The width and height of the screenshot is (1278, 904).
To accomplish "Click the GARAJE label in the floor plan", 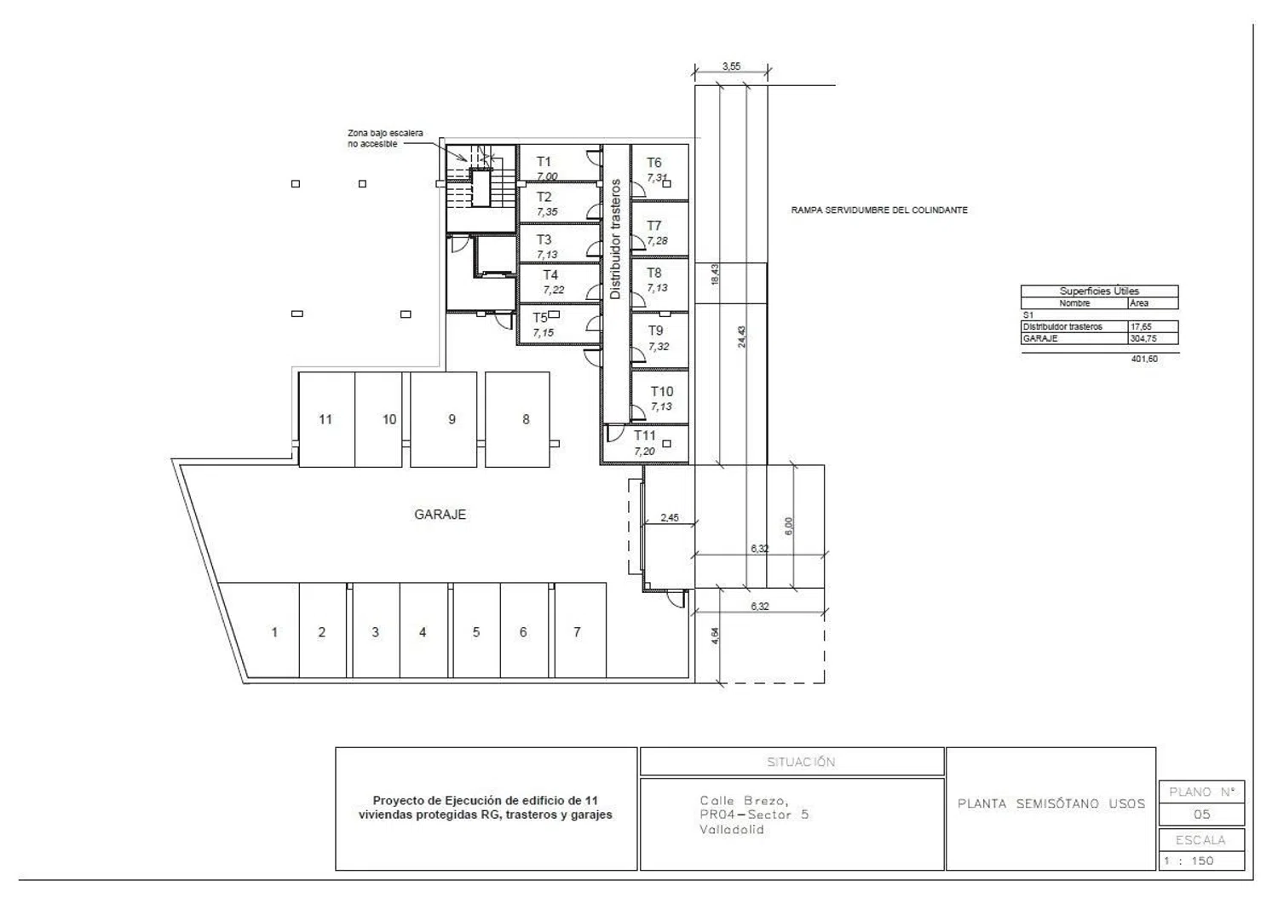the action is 440,515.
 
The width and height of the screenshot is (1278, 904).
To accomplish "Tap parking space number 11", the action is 325,419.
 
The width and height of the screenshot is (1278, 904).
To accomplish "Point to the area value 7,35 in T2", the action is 547,212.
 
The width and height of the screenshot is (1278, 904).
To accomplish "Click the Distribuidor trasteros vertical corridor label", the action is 615,239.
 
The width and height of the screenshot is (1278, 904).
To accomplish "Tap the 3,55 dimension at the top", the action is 731,66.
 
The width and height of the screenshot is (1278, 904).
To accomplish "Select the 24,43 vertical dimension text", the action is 741,337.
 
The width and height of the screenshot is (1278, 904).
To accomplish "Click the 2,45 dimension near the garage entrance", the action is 669,518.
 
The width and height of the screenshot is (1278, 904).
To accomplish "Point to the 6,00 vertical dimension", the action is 788,527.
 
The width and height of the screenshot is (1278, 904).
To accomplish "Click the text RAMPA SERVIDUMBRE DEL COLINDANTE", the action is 879,210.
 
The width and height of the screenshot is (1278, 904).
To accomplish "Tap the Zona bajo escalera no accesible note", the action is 385,138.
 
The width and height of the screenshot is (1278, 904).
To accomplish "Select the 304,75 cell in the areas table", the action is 1143,338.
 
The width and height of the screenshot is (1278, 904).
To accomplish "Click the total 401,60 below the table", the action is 1144,359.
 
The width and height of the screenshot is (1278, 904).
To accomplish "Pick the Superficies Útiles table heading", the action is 1099,291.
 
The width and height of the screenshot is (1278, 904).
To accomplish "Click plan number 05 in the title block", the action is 1201,815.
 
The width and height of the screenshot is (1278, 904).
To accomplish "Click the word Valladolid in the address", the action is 732,830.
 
